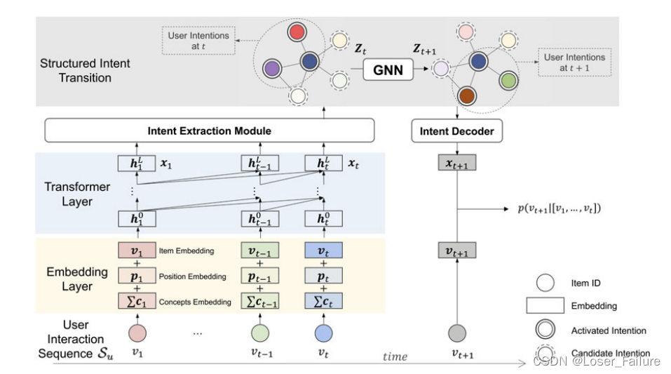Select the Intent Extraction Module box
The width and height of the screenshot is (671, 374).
[x=209, y=131]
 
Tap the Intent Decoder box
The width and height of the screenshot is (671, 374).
[x=456, y=131]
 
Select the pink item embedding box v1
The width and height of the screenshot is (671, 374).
[x=135, y=251]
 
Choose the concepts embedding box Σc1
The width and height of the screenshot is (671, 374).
[x=135, y=301]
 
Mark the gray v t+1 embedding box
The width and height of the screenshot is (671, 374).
[x=456, y=251]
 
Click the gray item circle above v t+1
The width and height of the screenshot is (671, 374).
[x=456, y=333]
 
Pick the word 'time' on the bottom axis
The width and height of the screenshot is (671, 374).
[x=394, y=357]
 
